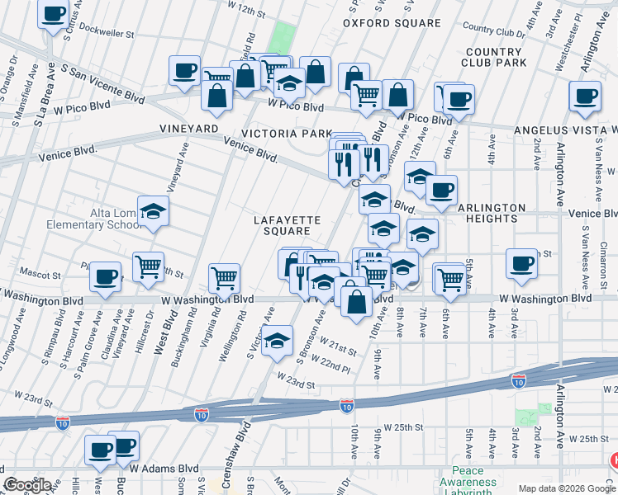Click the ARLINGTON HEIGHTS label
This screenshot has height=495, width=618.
pyautogui.click(x=490, y=214)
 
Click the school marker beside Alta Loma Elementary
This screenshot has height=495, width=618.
pyautogui.click(x=153, y=212)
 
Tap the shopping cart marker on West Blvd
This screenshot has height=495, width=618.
pyautogui.click(x=148, y=266)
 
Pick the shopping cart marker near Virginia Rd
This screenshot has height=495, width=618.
pyautogui.click(x=224, y=278)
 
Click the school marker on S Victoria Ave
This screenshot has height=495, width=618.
pyautogui.click(x=278, y=340)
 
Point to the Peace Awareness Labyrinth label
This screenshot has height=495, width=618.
pyautogui.click(x=468, y=482)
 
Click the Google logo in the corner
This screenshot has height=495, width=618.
pyautogui.click(x=28, y=485)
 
